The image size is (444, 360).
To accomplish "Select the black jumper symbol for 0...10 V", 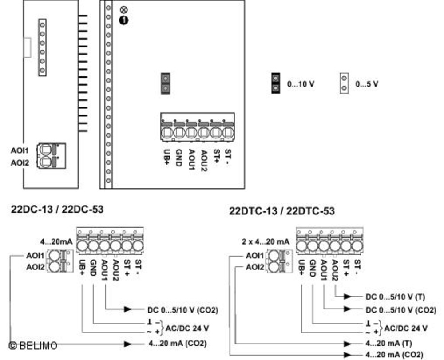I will tap(276, 83).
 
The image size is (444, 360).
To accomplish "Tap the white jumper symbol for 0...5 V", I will tap(344, 83).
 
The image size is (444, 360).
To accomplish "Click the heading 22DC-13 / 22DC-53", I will tap(57, 210).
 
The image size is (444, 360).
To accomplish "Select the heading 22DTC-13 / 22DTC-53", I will tap(282, 211).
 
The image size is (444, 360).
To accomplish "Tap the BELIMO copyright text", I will tap(33, 345).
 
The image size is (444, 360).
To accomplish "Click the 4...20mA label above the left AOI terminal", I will tap(56, 241).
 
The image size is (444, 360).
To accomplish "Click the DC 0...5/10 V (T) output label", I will tap(395, 297).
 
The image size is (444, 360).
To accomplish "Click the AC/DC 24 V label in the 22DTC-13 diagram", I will tap(406, 328).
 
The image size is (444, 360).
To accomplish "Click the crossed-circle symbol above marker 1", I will tap(123, 9).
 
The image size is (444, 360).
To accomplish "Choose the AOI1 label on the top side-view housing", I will tap(20, 151).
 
